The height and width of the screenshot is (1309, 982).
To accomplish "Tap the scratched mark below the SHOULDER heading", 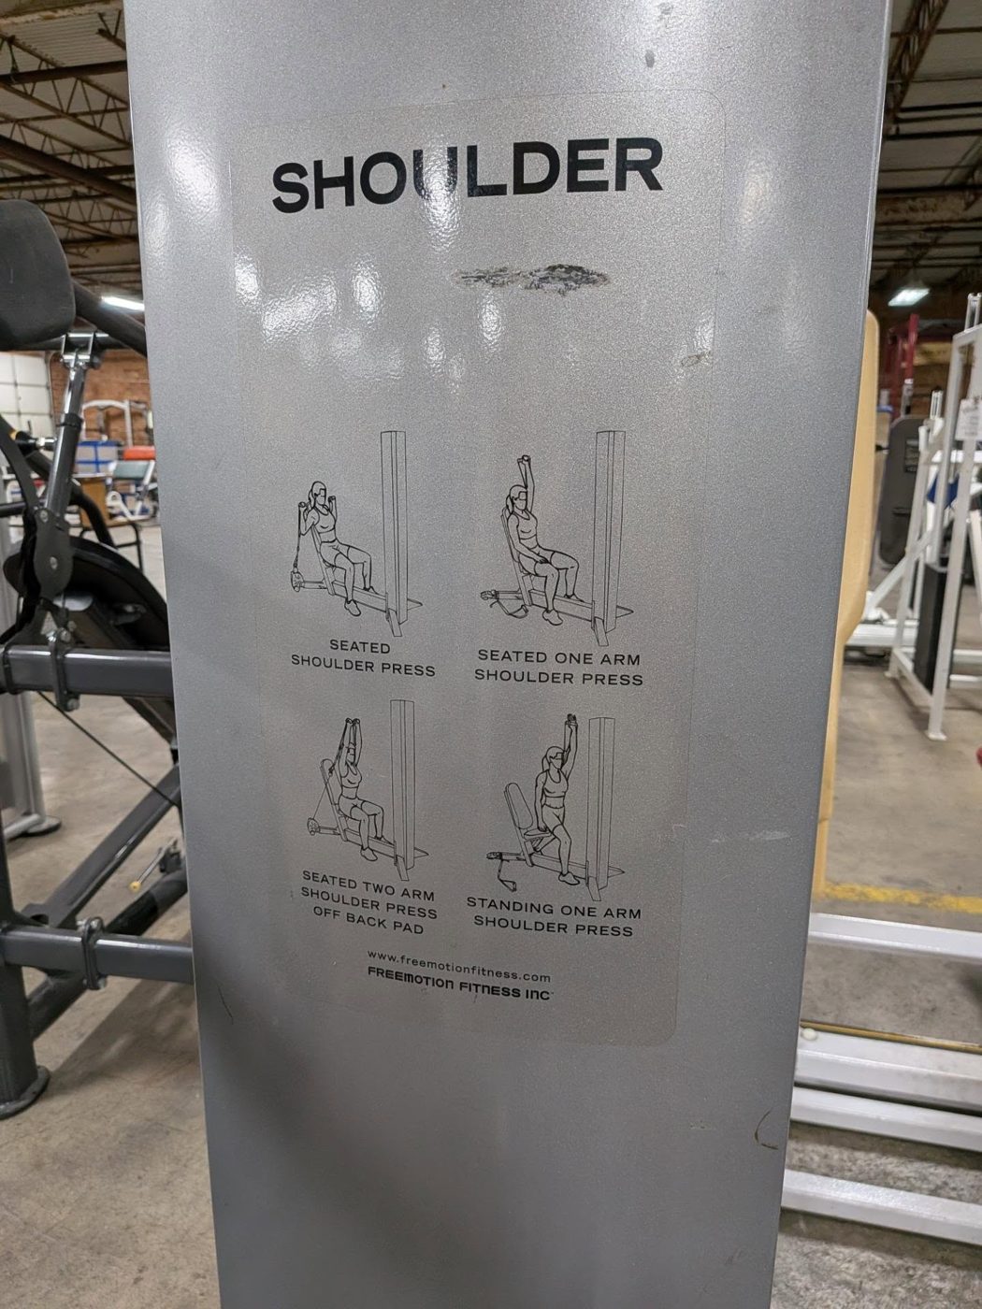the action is tap(531, 277).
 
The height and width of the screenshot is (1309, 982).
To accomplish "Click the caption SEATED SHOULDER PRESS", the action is tap(363, 658).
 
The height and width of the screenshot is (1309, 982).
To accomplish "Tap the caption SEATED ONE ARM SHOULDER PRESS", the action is tap(558, 668).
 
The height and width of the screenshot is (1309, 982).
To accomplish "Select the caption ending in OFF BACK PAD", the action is tap(368, 902).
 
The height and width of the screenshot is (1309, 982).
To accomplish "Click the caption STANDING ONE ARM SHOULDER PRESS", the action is tap(554, 919).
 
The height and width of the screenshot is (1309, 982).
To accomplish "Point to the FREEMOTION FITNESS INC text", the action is tap(459, 985).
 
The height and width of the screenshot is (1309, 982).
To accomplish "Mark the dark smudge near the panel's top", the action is tap(649, 58).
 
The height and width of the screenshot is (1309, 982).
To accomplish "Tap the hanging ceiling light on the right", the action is tap(908, 295).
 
